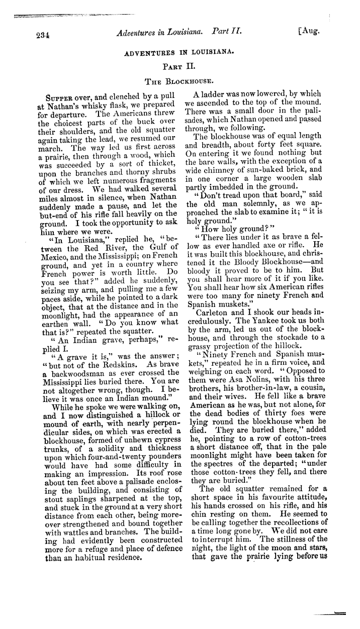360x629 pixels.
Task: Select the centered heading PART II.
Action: coord(179,65)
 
